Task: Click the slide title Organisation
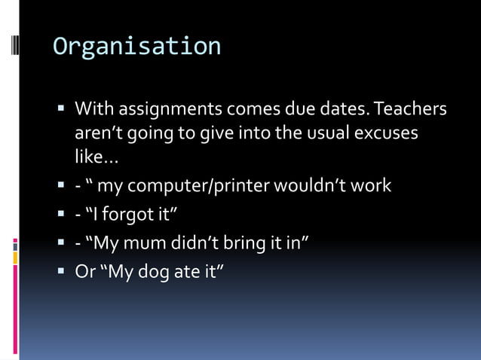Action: click(x=136, y=47)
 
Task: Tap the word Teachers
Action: click(x=410, y=110)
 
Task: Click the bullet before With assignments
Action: click(x=61, y=110)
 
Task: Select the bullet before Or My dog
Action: click(x=61, y=270)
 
